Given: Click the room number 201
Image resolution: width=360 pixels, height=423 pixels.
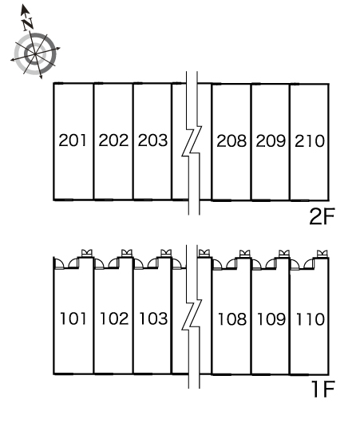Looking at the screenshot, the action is tap(73, 140).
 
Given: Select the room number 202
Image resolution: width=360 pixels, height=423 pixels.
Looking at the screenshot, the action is tap(113, 140).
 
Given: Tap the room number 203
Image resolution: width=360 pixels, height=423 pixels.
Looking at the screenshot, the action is tap(152, 140).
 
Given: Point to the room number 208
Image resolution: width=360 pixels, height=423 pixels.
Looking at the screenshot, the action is tap(231, 140).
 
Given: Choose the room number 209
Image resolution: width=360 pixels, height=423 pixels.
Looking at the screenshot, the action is tap(271, 140).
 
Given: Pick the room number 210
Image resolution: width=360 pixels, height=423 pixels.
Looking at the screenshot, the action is tap(310, 140).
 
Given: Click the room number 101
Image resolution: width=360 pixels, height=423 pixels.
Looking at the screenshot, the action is tap(73, 318).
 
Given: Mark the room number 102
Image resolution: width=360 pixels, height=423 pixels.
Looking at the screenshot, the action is tap(114, 318).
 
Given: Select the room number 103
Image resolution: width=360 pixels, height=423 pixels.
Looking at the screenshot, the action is tap(153, 318).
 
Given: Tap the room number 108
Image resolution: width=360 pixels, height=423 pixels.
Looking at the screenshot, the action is tap(232, 319).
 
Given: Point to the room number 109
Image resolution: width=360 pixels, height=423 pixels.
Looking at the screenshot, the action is tap(271, 319).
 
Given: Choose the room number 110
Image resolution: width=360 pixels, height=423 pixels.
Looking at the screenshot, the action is tap(310, 319).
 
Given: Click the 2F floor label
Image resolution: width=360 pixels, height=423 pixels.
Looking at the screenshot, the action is tap(322, 216).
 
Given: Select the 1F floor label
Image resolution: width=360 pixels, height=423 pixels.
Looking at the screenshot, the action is tap(323, 389).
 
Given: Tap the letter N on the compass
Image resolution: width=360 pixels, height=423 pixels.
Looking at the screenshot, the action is tap(28, 24).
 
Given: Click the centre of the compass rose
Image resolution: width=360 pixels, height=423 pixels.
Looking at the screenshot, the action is tap(35, 54).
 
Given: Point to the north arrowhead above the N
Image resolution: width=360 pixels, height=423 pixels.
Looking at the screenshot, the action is tap(25, 9).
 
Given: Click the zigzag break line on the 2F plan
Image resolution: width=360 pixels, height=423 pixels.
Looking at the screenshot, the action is tap(192, 143).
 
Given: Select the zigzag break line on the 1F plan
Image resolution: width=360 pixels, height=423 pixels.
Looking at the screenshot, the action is tap(192, 317).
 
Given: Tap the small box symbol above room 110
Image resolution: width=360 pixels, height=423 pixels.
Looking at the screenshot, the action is tap(322, 254).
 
